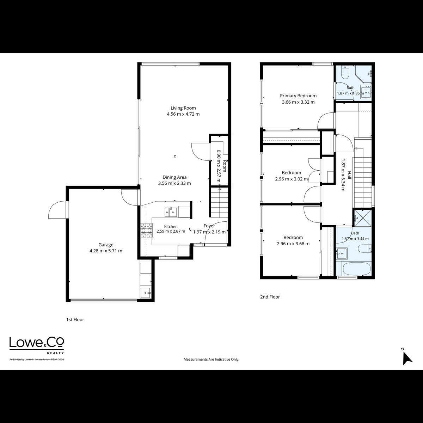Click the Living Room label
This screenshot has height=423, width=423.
click(x=183, y=108)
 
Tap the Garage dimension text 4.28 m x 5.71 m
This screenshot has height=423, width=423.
click(x=106, y=251)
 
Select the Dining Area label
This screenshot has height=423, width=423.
click(x=174, y=177)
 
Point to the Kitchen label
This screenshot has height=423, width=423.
click(x=171, y=227)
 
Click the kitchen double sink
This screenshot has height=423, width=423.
click(x=171, y=212)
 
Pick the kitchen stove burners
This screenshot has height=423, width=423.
click(x=147, y=231)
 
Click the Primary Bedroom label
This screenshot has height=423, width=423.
click(x=298, y=96)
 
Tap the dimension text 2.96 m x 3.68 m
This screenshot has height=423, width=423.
click(x=293, y=244)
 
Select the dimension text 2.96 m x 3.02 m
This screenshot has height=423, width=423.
click(x=291, y=179)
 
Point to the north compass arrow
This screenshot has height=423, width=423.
click(x=407, y=360)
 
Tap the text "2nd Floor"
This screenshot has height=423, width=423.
click(x=270, y=297)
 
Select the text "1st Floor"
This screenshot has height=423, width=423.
click(x=75, y=320)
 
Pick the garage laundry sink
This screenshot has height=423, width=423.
click(x=145, y=293)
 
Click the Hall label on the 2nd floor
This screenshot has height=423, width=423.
click(x=349, y=175)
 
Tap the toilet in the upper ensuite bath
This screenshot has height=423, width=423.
click(x=345, y=73)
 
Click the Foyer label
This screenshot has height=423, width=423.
click(x=209, y=226)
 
